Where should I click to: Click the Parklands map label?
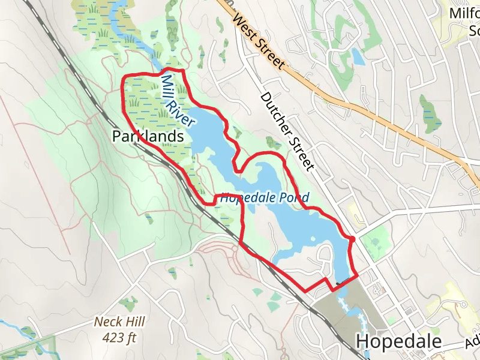(x=148, y=137)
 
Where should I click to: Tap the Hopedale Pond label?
(x=265, y=197)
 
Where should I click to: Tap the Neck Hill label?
(x=120, y=322)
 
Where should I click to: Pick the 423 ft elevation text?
(x=119, y=337)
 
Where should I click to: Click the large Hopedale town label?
(x=398, y=341)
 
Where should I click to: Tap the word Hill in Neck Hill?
(x=136, y=322)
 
